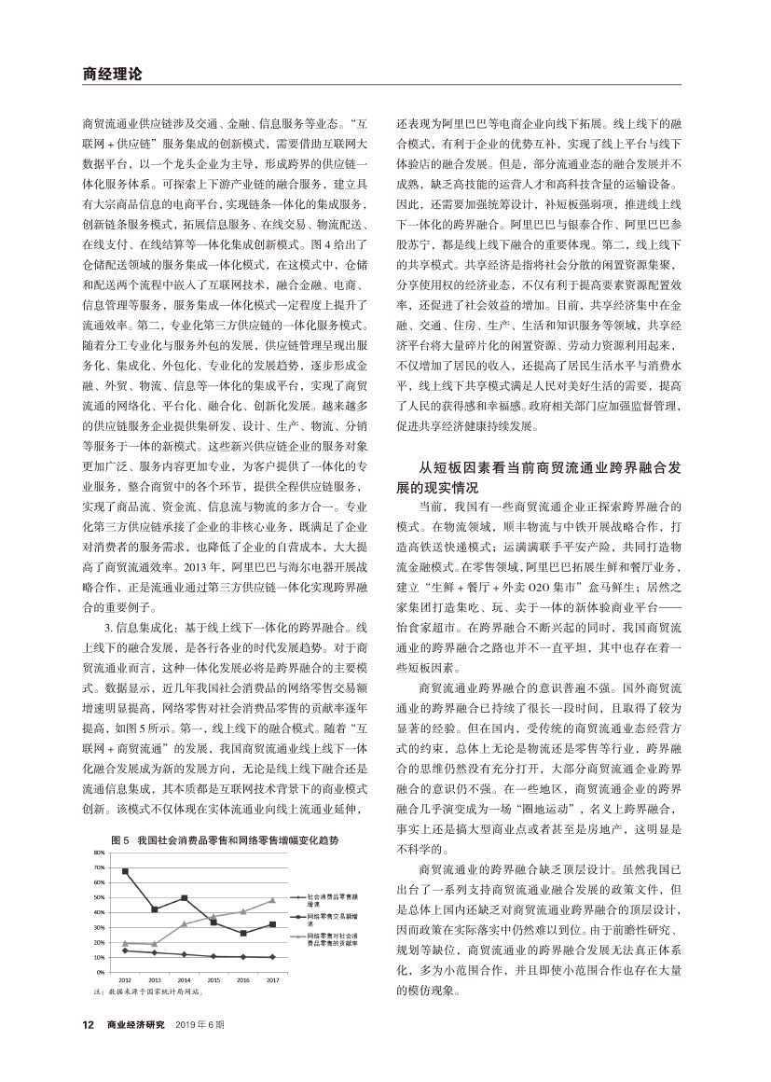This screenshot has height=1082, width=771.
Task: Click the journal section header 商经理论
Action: tap(111, 73)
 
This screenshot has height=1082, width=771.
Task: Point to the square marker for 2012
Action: tap(125, 871)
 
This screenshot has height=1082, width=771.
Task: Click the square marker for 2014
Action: tap(184, 898)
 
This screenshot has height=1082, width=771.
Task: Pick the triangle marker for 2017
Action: tap(273, 900)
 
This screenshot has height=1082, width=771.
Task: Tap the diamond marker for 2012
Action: tap(125, 950)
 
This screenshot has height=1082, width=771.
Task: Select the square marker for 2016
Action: tap(243, 933)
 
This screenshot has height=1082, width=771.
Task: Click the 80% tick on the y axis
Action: tap(100, 853)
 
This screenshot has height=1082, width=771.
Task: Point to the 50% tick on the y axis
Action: tap(100, 897)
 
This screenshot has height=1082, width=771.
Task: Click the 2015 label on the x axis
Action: tap(213, 980)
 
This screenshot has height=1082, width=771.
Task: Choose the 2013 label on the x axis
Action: tap(155, 980)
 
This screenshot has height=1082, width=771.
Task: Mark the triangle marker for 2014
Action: tap(184, 924)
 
